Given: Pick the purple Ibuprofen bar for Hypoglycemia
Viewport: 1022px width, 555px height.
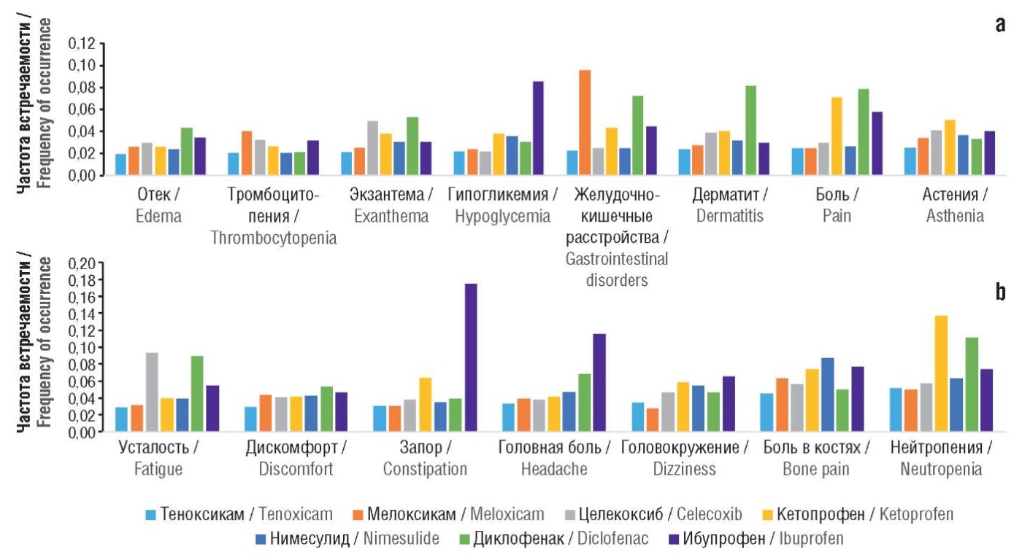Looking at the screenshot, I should [538, 128].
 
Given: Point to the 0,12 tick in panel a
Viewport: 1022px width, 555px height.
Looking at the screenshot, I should [81, 44].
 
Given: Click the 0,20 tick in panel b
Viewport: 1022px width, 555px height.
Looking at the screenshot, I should [81, 263].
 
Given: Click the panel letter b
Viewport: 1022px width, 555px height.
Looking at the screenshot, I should [999, 293].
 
